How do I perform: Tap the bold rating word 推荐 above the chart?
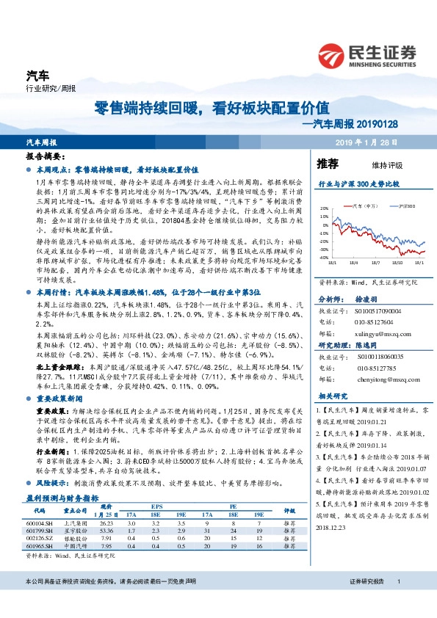327,163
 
